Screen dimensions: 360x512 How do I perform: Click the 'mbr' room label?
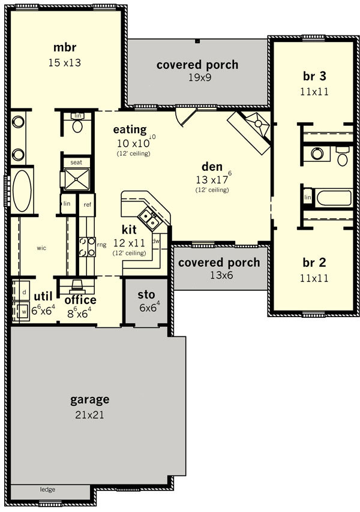coord(65,47)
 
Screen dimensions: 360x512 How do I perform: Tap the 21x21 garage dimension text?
coord(89,415)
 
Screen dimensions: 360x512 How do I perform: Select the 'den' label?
coord(212,167)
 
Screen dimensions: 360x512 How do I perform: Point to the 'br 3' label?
coord(314,76)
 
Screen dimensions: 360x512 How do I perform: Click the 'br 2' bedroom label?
coord(314,263)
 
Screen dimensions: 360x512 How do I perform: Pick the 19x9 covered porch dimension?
coord(200,77)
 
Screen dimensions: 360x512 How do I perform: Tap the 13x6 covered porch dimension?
coord(221,275)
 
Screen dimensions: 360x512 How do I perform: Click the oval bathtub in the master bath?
coord(22,191)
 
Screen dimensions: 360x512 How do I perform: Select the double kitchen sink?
coord(149,218)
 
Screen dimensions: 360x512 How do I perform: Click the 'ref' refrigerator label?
coord(87,204)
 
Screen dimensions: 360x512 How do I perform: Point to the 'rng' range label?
coord(101,245)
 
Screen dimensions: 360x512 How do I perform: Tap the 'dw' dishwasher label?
coord(156,241)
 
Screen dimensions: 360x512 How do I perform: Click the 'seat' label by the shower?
coord(76,162)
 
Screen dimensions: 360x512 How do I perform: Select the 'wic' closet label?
coord(41,248)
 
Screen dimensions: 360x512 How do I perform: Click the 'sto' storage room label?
coord(146,294)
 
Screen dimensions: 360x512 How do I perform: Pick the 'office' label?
coord(80,300)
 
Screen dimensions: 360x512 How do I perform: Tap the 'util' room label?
coord(43,297)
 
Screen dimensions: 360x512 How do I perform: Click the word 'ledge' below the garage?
coord(47,489)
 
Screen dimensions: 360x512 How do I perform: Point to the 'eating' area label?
coord(130,129)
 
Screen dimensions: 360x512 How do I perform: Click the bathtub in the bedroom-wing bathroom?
coord(334,198)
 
